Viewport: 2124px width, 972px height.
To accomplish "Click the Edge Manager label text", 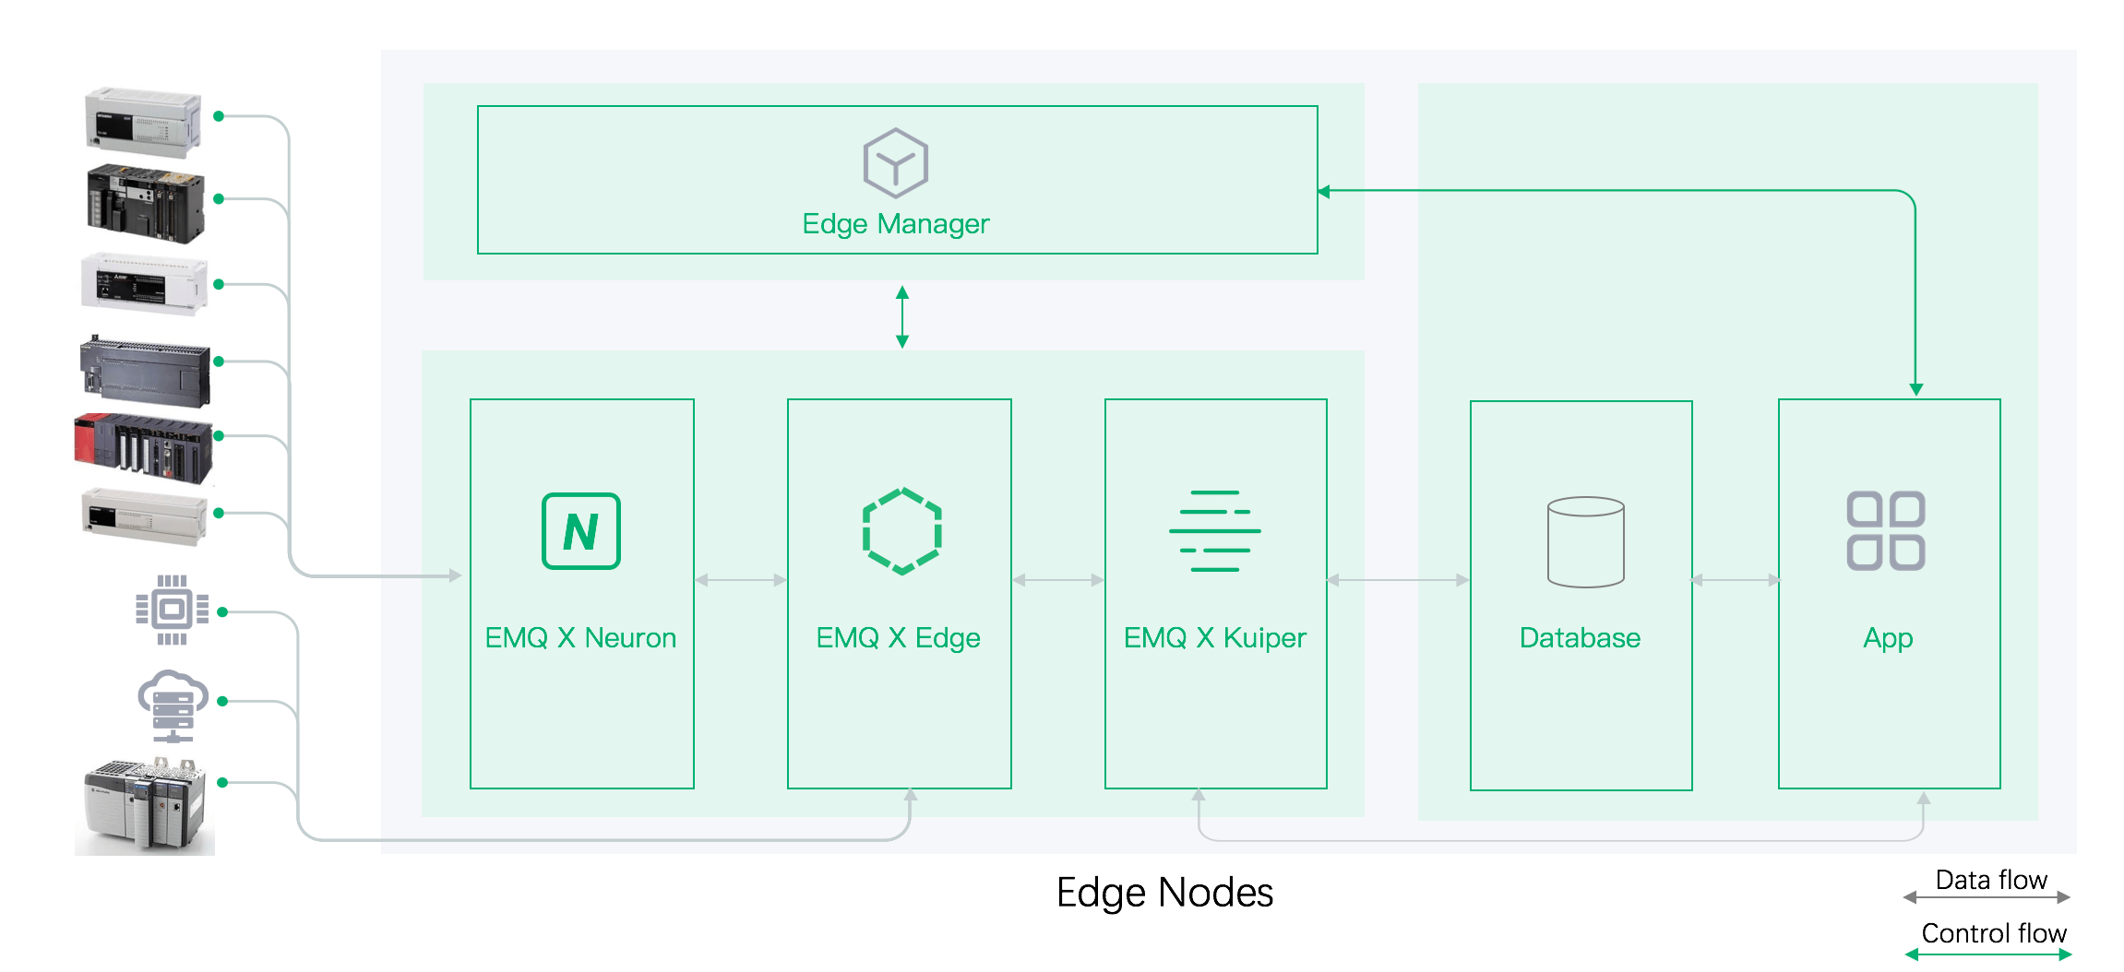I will [895, 224].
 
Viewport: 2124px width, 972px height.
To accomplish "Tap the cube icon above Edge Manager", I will [895, 163].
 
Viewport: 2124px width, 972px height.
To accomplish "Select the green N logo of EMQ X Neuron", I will [581, 531].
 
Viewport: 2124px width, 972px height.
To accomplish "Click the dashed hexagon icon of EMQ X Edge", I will [901, 531].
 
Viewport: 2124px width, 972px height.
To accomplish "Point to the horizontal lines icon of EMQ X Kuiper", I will [1214, 531].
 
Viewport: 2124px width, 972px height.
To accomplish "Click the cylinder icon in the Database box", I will [1585, 542].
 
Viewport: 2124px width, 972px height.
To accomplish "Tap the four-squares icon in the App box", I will [1885, 531].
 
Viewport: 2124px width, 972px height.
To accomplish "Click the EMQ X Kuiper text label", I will [1214, 638].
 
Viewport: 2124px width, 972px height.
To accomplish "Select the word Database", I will [1580, 638].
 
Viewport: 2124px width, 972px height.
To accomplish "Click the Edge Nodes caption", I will [1164, 893].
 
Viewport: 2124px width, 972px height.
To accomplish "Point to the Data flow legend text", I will [1991, 880].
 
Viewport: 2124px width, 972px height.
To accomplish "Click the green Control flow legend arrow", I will [1988, 955].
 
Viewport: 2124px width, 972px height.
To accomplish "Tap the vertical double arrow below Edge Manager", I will [902, 316].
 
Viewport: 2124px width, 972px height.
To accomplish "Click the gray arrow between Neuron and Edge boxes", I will [741, 580].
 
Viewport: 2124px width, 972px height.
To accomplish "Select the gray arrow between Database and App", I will [1736, 580].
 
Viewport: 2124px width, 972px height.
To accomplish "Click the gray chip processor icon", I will [172, 610].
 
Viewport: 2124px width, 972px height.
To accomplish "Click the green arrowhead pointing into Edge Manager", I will [1324, 192].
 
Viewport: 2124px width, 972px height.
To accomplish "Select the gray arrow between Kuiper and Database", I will [1398, 580].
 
